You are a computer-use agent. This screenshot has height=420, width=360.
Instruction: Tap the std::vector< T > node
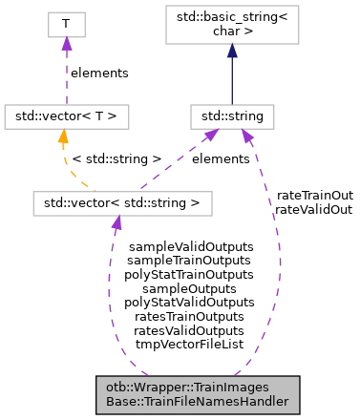coord(66,116)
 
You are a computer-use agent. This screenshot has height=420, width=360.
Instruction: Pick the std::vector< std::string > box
coord(122,202)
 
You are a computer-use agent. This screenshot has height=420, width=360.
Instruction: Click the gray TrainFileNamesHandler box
coord(198,394)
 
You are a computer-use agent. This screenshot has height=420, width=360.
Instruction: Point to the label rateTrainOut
coord(314,195)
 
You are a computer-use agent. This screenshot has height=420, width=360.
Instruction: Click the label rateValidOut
coord(314,208)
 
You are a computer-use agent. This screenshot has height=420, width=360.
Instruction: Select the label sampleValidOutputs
coord(190,246)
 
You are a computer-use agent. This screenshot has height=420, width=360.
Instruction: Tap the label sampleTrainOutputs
coord(190,260)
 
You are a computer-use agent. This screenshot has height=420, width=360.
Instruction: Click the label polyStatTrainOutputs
coord(190,273)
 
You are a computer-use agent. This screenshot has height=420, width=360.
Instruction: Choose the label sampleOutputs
coord(190,287)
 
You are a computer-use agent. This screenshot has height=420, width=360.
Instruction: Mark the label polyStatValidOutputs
coord(190,301)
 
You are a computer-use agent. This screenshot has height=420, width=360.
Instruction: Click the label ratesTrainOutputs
coord(190,315)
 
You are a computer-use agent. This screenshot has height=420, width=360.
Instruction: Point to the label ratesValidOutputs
coord(190,328)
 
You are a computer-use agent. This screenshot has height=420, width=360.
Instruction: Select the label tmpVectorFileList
coord(190,342)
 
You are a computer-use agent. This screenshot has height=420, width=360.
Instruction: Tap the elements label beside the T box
coord(100,72)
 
